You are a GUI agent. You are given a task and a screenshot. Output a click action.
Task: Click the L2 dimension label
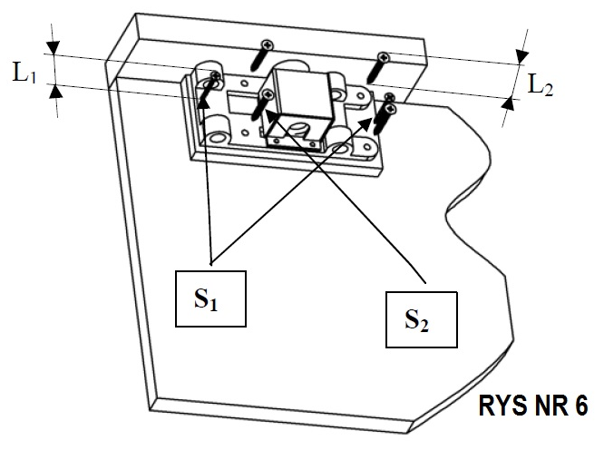coord(541,86)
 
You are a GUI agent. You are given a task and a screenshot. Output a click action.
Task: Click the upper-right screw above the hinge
coord(380,64)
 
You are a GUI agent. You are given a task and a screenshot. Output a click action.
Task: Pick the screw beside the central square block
coord(264,100)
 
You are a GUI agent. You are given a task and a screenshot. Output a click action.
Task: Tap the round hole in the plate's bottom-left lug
coord(217,136)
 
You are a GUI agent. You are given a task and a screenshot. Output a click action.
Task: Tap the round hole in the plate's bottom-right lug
coord(342,146)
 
